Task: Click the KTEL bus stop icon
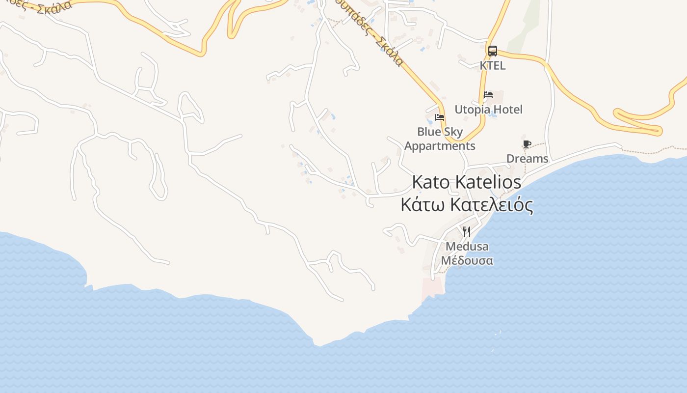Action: tap(493, 51)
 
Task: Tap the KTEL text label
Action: tap(493, 65)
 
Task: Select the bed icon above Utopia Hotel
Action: tap(488, 95)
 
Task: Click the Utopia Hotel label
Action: tap(488, 110)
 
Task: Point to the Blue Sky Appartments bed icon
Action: tap(440, 117)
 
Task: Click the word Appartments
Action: tap(440, 146)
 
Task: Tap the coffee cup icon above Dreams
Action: tap(527, 144)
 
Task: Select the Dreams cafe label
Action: tap(527, 159)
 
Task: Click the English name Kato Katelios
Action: tap(466, 182)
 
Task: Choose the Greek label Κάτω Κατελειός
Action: tap(467, 205)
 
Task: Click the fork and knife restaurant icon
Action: tap(467, 231)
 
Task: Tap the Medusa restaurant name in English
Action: tap(467, 246)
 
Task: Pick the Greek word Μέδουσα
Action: tap(467, 260)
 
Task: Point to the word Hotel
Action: tap(508, 110)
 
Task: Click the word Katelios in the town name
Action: tap(488, 182)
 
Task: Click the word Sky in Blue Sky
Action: tap(453, 132)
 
